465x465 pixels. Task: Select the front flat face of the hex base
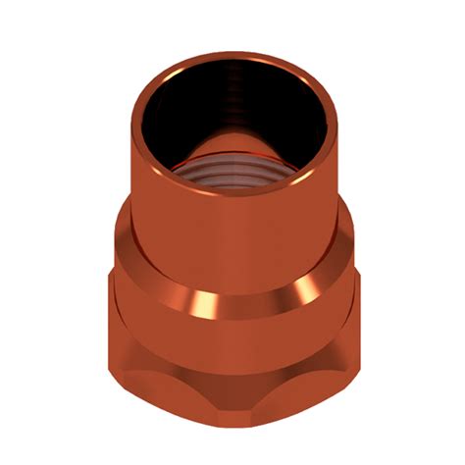(235, 412)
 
